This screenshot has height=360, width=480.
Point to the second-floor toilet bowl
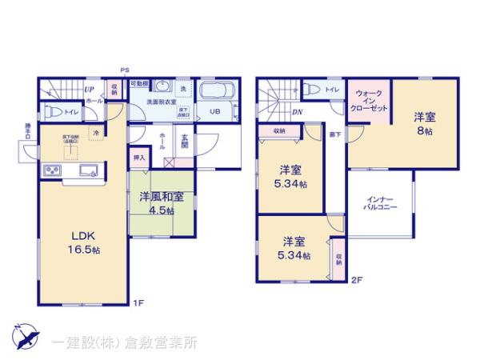click(x=312, y=90)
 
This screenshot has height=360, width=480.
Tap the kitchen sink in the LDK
click(x=87, y=169)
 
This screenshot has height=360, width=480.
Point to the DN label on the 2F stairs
click(x=297, y=112)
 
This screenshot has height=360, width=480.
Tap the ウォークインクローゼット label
click(x=369, y=100)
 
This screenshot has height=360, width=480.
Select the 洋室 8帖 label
click(x=423, y=123)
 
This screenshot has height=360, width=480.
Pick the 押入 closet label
click(x=139, y=158)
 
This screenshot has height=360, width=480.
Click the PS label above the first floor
click(x=125, y=70)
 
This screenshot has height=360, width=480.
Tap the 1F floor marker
click(x=138, y=302)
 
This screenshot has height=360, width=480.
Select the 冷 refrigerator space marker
click(x=96, y=132)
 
